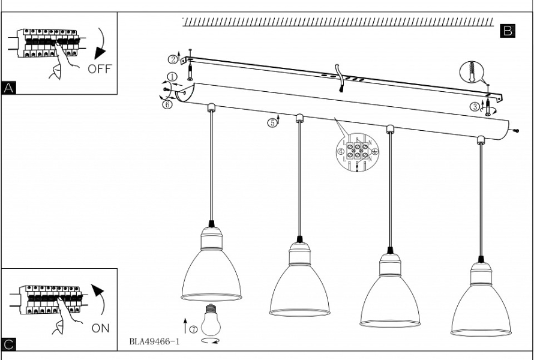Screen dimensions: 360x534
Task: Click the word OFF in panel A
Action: tap(100, 69)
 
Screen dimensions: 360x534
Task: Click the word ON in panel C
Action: tap(101, 329)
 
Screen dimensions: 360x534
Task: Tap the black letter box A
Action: tap(9, 88)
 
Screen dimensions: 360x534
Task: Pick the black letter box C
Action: tap(9, 344)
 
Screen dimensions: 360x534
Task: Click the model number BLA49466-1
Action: tap(154, 342)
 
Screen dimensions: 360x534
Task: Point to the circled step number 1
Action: tap(172, 77)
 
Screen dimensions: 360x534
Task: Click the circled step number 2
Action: tap(173, 59)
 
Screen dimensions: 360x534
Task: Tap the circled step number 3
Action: tap(475, 107)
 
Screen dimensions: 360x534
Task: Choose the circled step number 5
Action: tap(272, 123)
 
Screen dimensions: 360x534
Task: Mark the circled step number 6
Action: tap(167, 104)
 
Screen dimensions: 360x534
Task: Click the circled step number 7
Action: tap(193, 329)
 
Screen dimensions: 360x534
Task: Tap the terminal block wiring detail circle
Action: tap(358, 152)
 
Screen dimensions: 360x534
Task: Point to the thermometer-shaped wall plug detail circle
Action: tap(471, 73)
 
